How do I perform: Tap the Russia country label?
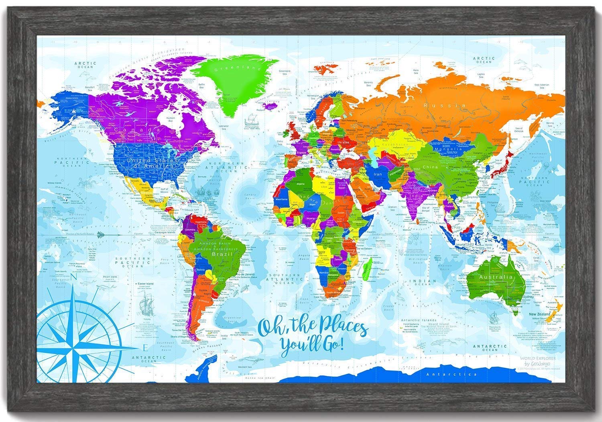click(452, 106)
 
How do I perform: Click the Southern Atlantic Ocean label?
click(285, 277)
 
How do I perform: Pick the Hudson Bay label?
click(172, 119)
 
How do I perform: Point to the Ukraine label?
click(344, 143)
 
